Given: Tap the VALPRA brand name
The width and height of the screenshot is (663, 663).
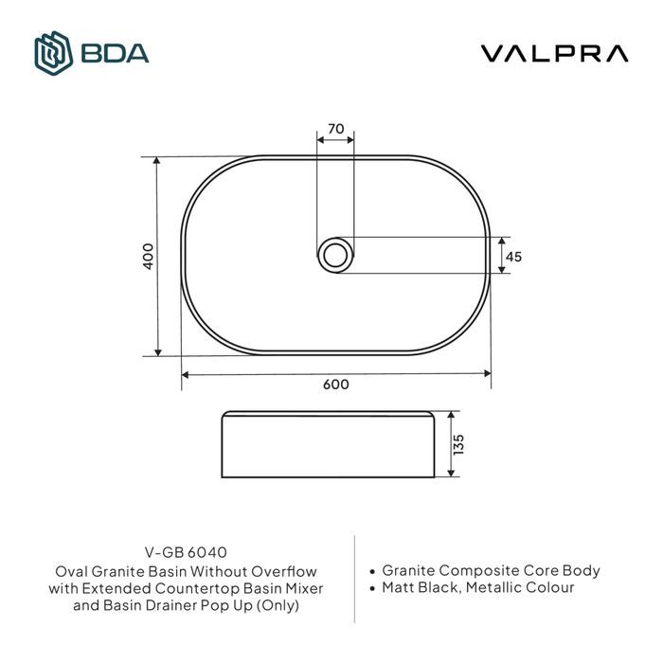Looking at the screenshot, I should [554, 54].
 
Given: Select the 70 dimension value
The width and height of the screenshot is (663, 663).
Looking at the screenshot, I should [335, 127].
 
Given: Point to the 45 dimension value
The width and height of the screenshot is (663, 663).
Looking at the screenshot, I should [514, 257].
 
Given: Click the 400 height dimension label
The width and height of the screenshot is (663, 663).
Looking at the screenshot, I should [147, 257].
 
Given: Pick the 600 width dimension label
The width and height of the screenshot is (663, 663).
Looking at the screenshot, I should [335, 385].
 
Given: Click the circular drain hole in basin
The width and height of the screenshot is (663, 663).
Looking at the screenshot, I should [335, 255].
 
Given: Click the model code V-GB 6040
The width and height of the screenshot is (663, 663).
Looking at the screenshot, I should [187, 552].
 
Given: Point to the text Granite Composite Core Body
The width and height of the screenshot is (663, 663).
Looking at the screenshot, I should [491, 571].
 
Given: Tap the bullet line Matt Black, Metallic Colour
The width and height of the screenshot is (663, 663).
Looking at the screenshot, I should [477, 588].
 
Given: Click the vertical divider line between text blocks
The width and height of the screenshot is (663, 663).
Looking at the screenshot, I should [354, 579].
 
